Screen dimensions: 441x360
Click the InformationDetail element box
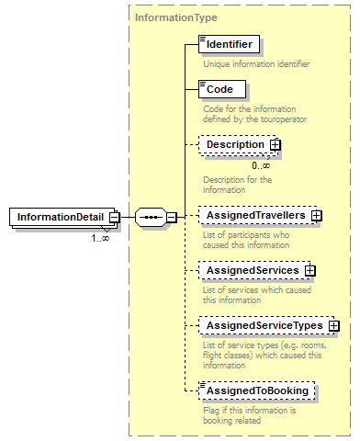59,217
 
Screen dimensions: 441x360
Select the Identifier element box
230,43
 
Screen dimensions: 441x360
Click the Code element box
221,89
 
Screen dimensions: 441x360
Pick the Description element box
235,144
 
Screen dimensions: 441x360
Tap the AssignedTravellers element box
254,215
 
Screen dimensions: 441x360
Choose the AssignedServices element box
251,270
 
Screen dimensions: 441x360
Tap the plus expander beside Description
275,144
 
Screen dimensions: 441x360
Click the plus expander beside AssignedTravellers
317,215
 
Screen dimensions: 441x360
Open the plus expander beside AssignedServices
309,270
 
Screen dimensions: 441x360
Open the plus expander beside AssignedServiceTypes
334,325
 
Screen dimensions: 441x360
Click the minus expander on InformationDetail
115,217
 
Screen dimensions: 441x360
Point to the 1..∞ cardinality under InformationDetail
100,238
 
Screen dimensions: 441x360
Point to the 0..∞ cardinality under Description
261,165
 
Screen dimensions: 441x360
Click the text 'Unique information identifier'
255,64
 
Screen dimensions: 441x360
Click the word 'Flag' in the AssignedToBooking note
212,412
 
